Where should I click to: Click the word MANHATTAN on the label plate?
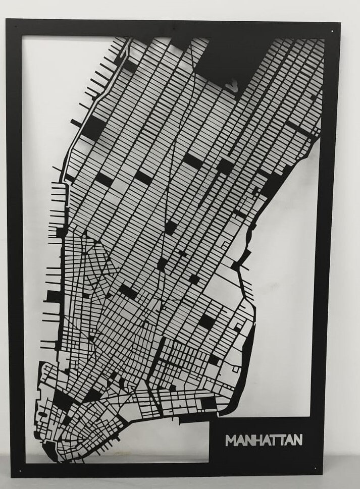coord(264,439)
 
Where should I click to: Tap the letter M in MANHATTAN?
coord(231,440)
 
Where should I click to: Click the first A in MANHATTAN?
coord(240,440)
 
